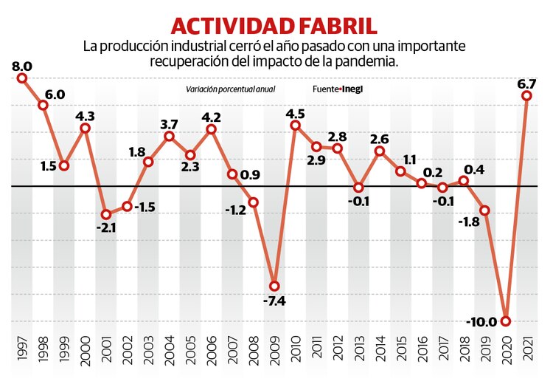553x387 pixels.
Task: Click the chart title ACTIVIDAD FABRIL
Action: pos(274,25)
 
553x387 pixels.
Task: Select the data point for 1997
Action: pos(22,78)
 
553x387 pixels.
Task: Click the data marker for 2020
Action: pos(506,321)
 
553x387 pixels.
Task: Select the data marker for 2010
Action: pos(296,126)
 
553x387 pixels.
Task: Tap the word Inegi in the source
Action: pos(353,89)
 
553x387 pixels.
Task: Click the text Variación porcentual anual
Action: pos(231,89)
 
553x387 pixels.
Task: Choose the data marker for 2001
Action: pos(106,214)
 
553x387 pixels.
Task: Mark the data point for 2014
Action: pos(380,151)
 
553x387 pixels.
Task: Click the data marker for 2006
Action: pos(212,129)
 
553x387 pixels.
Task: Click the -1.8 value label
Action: pos(468,221)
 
